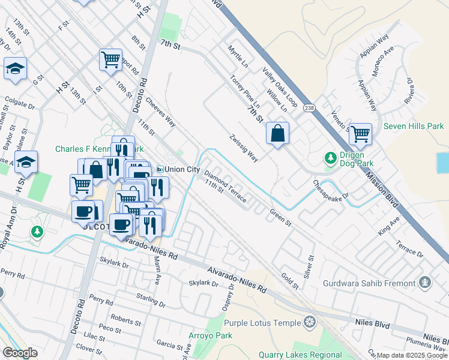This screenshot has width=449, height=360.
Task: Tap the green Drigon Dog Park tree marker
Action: point(330,158)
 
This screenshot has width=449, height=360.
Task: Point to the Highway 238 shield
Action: point(309,108)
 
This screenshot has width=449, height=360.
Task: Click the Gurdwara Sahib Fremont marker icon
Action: point(425,282)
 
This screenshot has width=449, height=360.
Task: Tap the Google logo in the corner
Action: point(20,353)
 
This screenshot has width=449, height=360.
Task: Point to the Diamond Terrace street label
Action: point(225,187)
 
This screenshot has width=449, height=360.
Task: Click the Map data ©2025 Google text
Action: point(412,355)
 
